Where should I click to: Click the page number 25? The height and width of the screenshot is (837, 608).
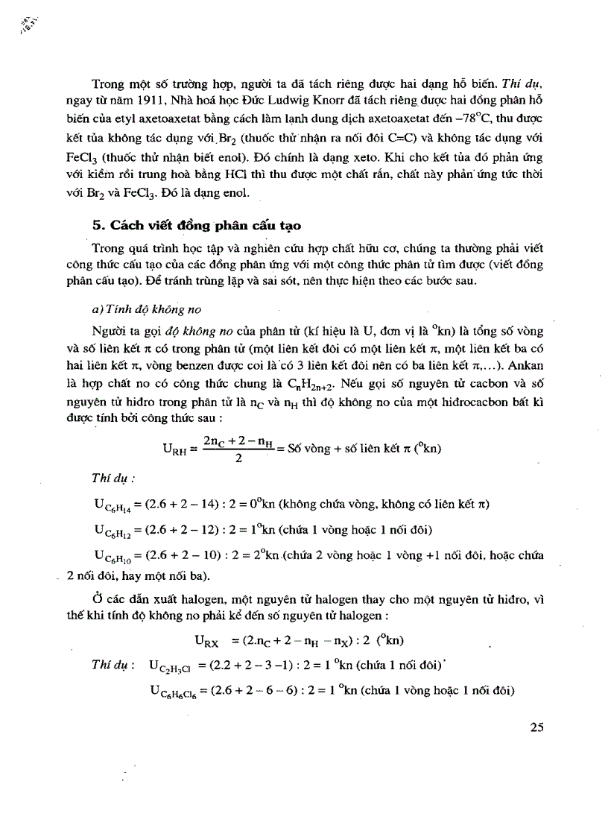tap(539, 728)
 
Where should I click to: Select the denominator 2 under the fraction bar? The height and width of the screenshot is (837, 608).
tap(238, 458)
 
